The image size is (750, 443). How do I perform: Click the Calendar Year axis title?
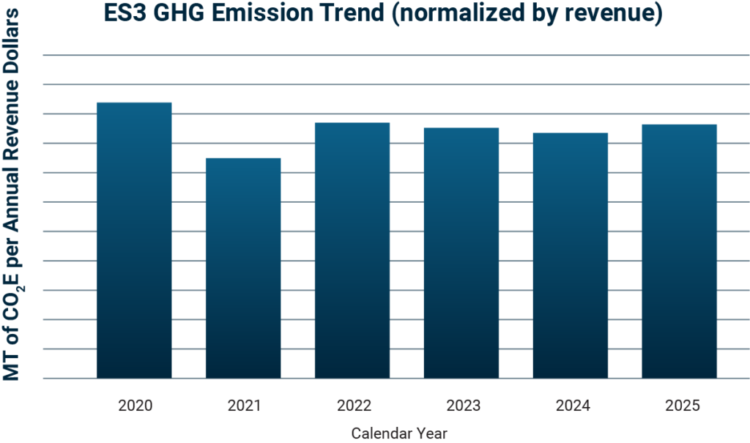click(x=399, y=433)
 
